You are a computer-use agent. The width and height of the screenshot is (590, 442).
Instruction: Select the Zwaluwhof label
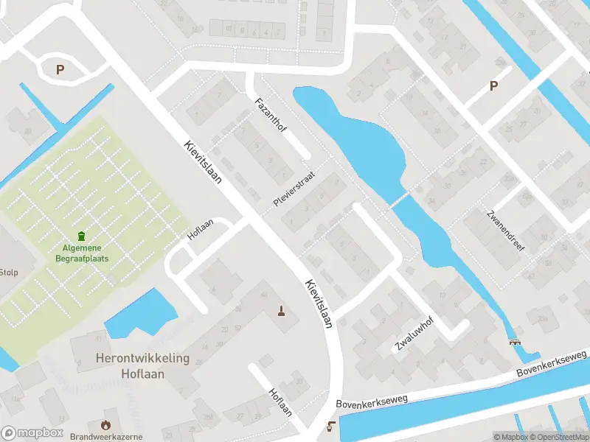pos(413,335)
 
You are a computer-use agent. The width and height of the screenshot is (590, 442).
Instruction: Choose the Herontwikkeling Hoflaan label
pos(142,366)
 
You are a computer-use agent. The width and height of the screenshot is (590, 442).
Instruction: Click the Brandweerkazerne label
pos(106,437)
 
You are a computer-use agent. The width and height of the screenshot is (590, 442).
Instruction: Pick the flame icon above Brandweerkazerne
pos(106,424)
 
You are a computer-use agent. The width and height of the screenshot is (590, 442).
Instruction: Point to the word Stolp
pos(9,271)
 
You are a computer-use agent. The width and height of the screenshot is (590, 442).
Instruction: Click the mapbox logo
pos(32,433)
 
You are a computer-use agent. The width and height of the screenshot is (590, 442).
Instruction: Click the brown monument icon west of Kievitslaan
pos(280,310)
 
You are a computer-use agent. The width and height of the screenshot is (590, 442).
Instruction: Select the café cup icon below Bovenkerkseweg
pos(331,425)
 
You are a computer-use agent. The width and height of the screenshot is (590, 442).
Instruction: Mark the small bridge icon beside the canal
pos(514,342)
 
